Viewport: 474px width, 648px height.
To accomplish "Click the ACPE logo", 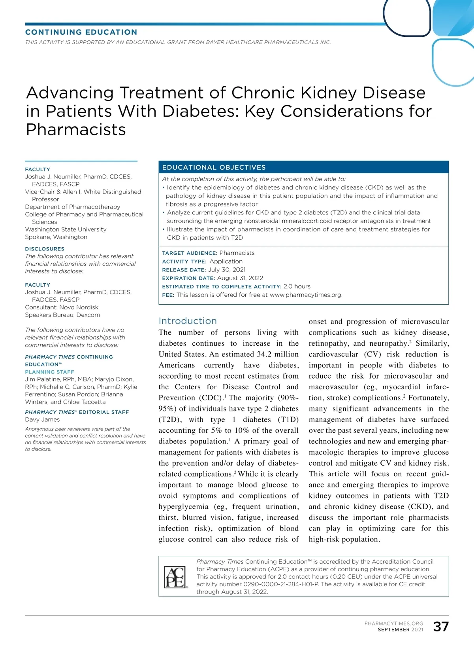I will (175, 577).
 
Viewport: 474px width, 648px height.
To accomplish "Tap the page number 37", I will (441, 627).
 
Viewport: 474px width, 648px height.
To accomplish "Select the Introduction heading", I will (188, 321).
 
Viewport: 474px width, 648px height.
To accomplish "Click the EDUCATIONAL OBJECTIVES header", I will (214, 167).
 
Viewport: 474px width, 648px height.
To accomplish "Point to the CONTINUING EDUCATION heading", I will (81, 32).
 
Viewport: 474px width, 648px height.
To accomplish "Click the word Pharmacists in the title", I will (76, 130).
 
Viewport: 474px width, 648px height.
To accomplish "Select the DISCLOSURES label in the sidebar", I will (45, 249).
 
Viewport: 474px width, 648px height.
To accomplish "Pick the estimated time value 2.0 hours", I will (297, 286).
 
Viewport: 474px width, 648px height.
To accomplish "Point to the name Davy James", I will (42, 419).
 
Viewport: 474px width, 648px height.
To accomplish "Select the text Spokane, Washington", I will (56, 237).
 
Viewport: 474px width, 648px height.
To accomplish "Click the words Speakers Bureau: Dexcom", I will (62, 315).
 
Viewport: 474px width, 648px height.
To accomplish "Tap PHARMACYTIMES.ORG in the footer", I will (394, 623).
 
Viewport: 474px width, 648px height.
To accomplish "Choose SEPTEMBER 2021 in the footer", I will (400, 629).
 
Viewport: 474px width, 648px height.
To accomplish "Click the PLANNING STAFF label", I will (49, 372).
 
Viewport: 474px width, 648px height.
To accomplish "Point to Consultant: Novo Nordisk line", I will (62, 307).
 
